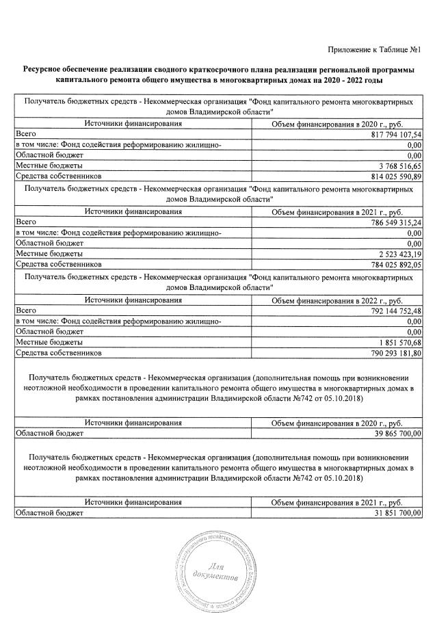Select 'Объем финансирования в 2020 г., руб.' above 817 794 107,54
pos(337,124)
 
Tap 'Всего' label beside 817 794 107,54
pos(26,135)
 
